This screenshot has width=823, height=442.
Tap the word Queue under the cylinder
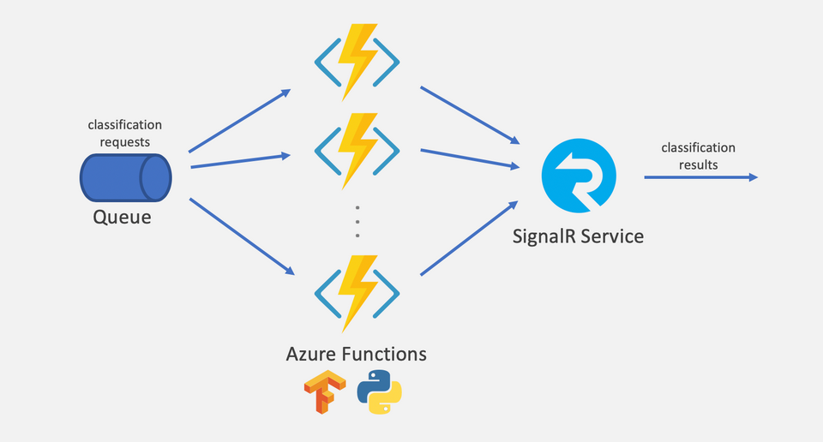click(122, 218)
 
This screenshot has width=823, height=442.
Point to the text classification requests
click(125, 133)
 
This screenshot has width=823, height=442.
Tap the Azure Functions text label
click(357, 353)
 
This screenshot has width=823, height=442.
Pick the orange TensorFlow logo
click(321, 392)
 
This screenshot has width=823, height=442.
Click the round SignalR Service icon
click(579, 174)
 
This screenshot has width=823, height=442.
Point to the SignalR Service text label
click(577, 236)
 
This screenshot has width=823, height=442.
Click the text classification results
click(698, 156)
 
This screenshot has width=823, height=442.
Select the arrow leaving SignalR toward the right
click(700, 177)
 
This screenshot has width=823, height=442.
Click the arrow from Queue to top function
click(239, 120)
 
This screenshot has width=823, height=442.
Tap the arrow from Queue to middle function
click(238, 161)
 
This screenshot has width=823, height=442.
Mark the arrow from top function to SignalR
click(470, 114)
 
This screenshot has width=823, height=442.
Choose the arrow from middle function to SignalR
click(470, 158)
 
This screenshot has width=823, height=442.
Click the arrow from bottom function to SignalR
click(470, 238)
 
